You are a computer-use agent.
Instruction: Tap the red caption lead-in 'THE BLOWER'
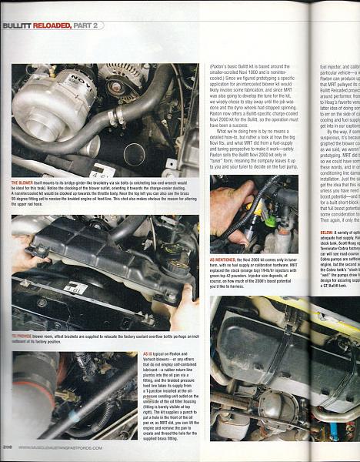(x=22, y=182)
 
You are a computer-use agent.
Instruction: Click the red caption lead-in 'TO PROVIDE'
(x=24, y=336)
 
